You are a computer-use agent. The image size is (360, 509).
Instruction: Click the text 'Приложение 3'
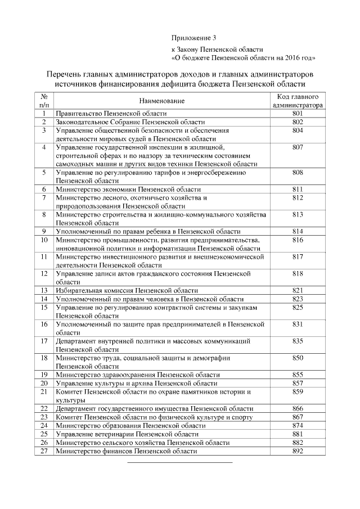193,38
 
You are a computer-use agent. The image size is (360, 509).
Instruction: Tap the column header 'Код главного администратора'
298,100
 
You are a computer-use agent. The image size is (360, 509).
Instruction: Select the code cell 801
298,113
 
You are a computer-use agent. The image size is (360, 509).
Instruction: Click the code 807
298,147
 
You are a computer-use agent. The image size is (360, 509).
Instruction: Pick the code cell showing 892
298,451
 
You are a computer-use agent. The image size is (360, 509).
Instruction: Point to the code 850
298,358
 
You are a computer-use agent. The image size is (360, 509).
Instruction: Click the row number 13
43,290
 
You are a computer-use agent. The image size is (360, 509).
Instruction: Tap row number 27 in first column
43,451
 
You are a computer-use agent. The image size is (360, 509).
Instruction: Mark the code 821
298,290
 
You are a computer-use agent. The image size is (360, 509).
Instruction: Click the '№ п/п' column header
43,100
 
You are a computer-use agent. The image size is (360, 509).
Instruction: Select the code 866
298,409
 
